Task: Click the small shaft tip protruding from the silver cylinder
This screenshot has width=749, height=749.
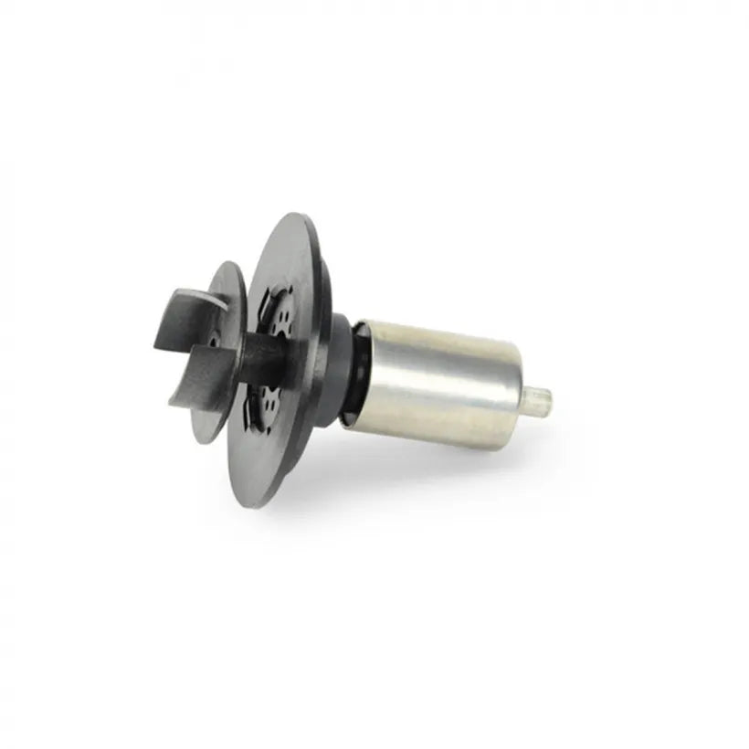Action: pos(541,398)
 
